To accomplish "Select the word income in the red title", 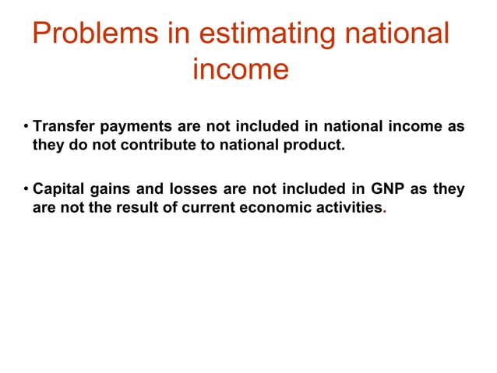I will click(x=240, y=69).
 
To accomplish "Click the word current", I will click(x=209, y=208).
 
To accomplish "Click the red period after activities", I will click(x=384, y=212).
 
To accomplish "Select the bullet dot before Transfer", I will click(x=26, y=127).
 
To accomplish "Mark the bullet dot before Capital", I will click(x=26, y=190).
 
